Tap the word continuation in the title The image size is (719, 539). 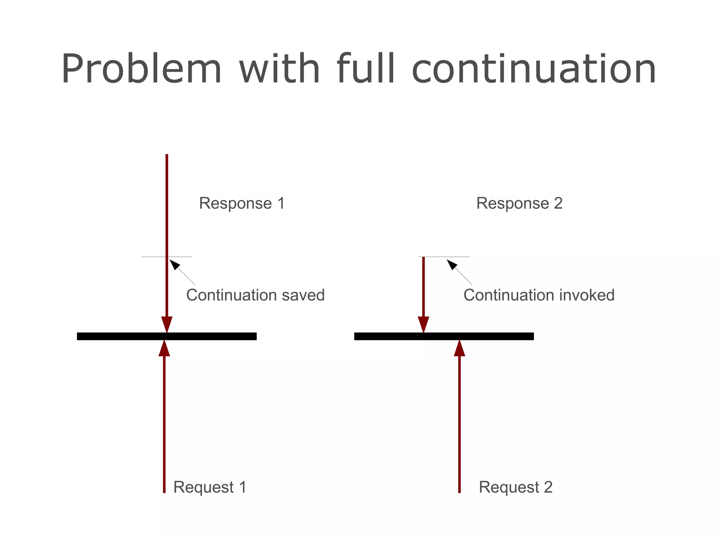click(x=534, y=69)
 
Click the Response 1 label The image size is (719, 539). click(x=242, y=203)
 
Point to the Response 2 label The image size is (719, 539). click(x=519, y=203)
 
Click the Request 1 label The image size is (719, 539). click(x=210, y=487)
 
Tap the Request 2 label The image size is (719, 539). click(x=515, y=487)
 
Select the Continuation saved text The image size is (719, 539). click(x=255, y=295)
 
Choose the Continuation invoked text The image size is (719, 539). click(x=539, y=295)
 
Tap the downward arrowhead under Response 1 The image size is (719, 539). click(x=167, y=324)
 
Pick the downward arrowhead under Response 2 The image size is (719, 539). click(x=423, y=324)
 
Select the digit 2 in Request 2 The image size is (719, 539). click(x=548, y=487)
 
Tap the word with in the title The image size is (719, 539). click(x=279, y=69)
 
